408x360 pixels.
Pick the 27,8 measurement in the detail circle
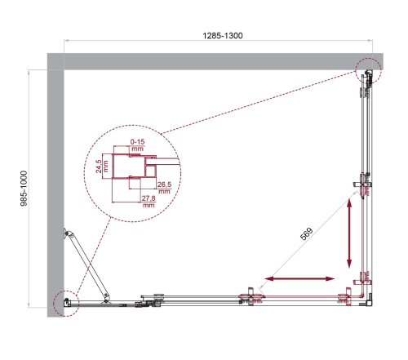click(148, 200)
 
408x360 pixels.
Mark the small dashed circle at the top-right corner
click(368, 71)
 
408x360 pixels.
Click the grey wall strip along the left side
click(55, 188)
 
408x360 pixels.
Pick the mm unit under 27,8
click(148, 207)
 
